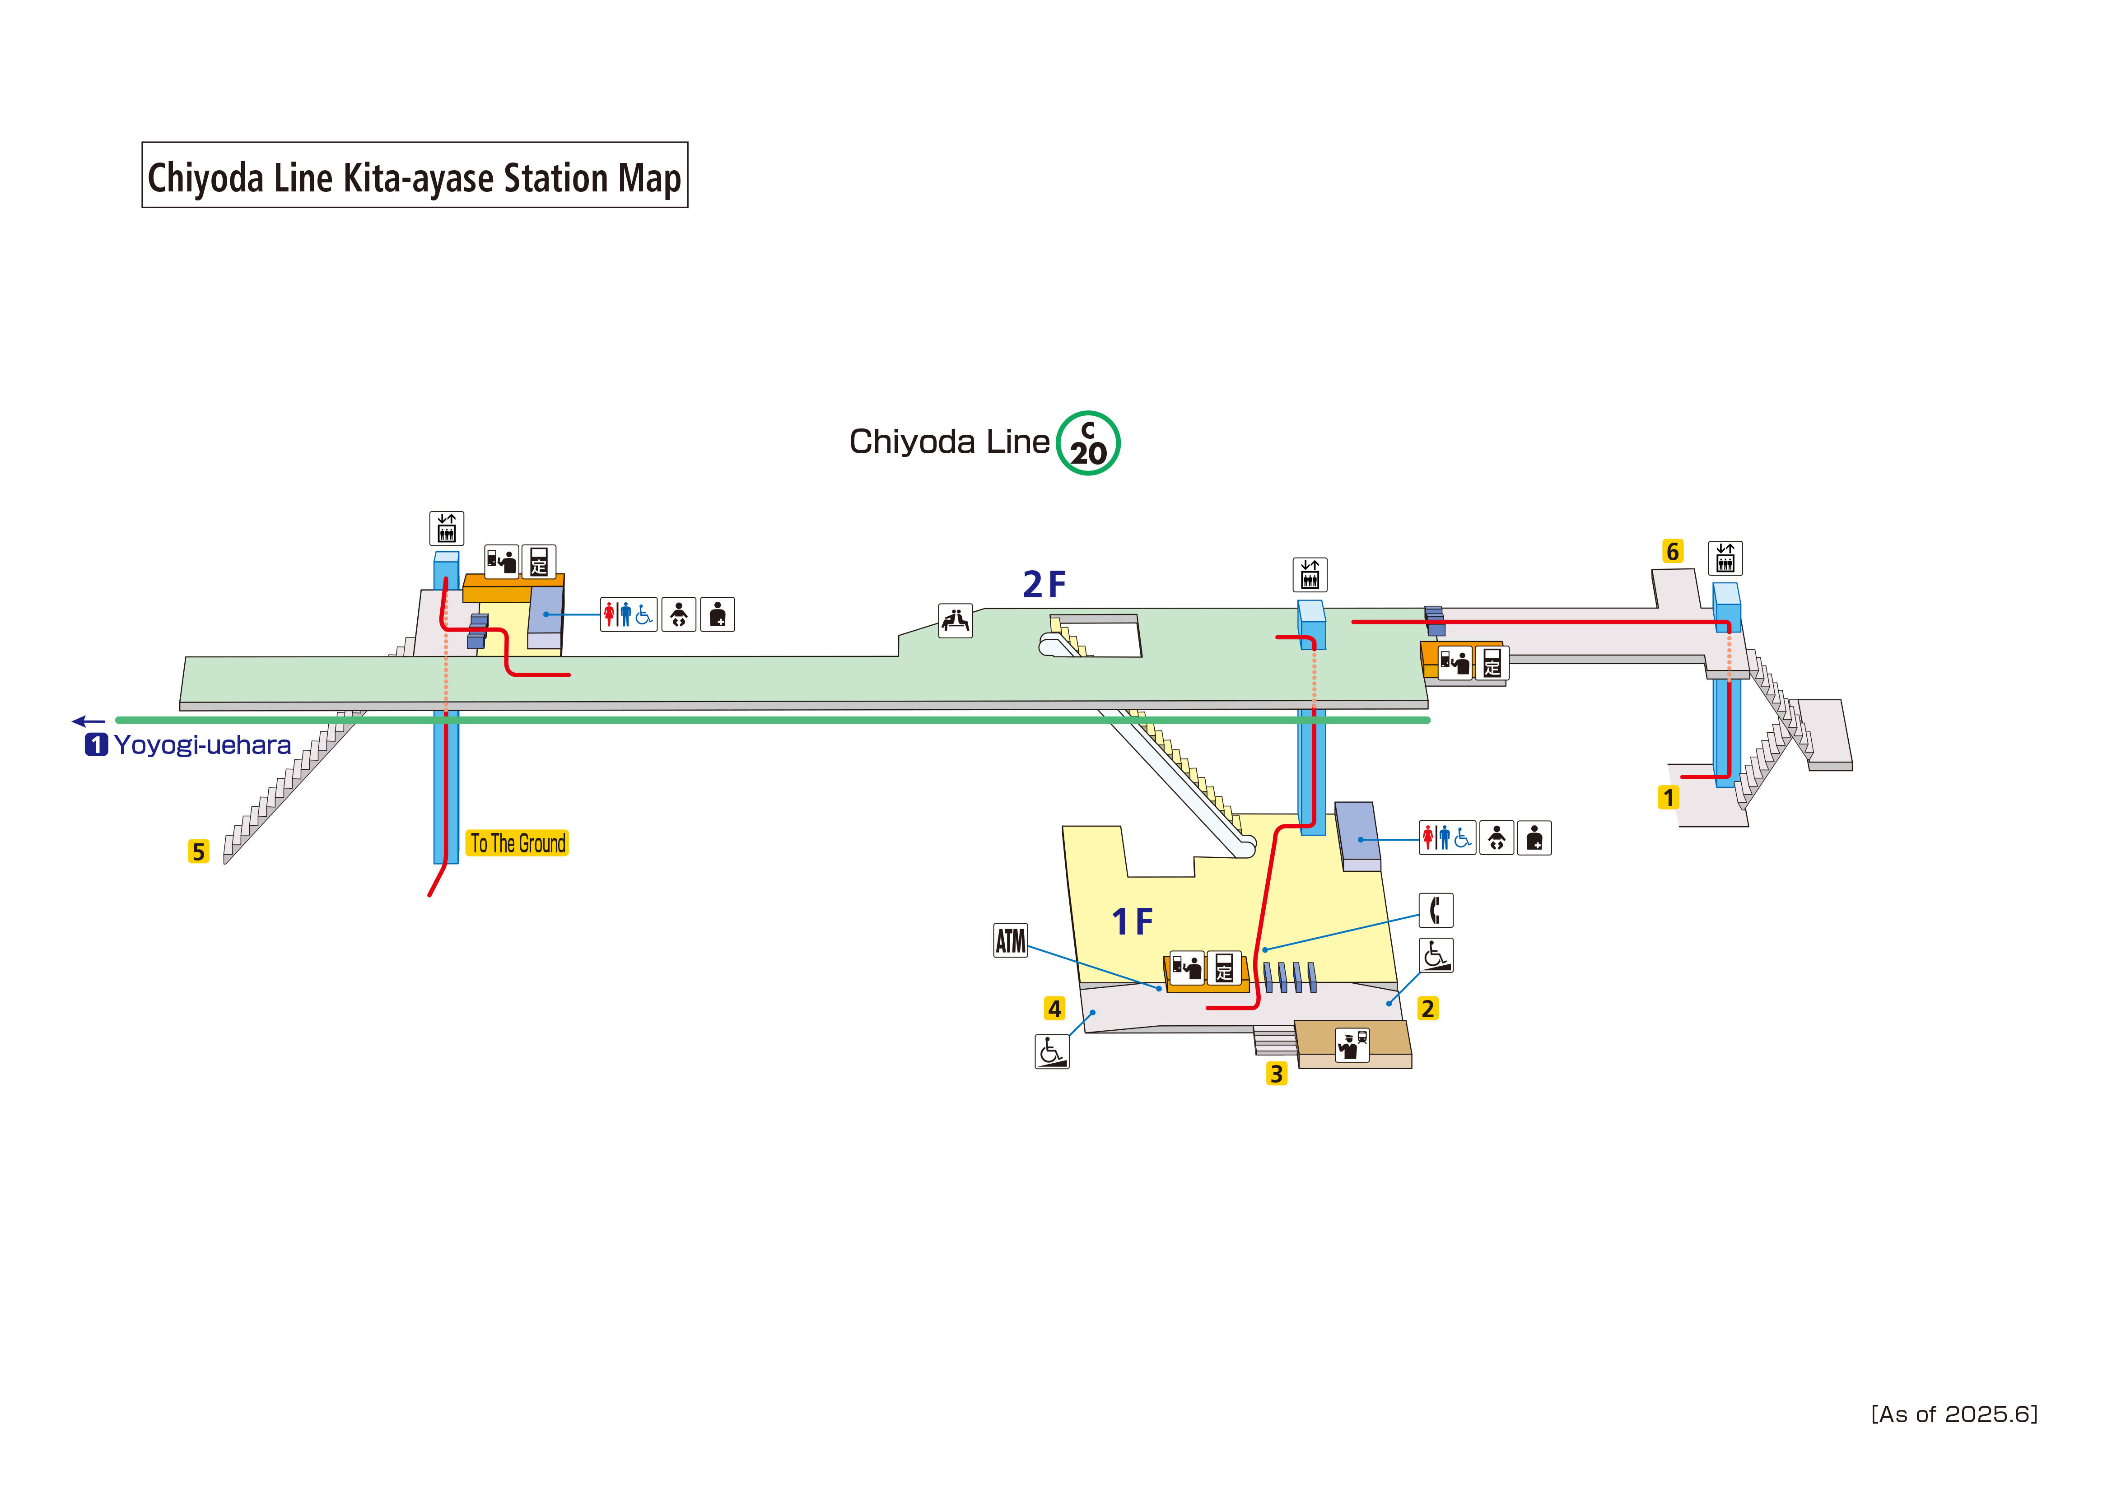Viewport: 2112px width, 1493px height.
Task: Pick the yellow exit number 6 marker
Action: pos(1672,551)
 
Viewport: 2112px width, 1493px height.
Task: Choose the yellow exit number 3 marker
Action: pos(1276,1074)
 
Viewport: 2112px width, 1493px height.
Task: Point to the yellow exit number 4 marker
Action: pos(1054,1008)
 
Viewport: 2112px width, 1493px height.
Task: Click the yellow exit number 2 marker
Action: pos(1427,1008)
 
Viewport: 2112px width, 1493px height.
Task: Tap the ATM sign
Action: pos(1010,940)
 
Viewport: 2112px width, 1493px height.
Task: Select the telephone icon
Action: pos(1435,910)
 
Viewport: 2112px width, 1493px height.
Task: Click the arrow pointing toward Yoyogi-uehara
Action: pos(89,721)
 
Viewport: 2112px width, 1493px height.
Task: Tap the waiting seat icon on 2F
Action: pos(955,620)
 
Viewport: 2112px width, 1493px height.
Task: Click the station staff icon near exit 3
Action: pos(1351,1045)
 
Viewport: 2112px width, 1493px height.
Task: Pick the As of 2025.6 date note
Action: pos(1954,1414)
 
